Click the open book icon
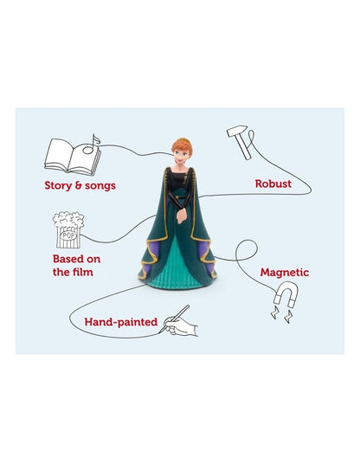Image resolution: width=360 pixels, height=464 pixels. [73, 157]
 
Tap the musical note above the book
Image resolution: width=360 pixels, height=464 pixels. [92, 145]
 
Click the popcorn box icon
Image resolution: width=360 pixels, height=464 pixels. [68, 230]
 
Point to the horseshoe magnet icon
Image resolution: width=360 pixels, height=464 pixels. [286, 294]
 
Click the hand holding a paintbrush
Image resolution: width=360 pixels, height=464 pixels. [181, 325]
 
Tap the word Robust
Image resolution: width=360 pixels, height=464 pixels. [273, 184]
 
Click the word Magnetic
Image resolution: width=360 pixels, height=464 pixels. [285, 272]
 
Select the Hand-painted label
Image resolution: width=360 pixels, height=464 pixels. [120, 322]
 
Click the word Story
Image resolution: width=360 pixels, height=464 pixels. [58, 186]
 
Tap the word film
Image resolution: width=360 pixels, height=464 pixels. [83, 272]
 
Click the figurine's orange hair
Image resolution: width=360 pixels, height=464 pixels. [183, 146]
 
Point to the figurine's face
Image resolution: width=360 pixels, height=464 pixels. [180, 157]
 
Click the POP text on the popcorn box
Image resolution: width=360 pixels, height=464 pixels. [68, 235]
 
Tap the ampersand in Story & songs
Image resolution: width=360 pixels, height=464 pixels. [79, 185]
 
